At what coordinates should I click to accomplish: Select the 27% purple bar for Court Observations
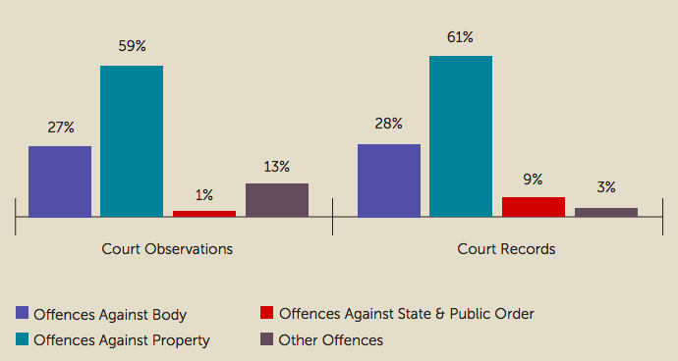[60, 180]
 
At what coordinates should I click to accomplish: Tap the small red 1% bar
[204, 213]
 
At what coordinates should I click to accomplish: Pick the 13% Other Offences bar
[277, 199]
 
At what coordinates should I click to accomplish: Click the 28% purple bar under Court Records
[389, 180]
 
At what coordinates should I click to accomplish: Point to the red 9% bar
[534, 206]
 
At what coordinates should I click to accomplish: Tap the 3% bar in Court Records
[606, 212]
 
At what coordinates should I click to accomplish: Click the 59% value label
[132, 46]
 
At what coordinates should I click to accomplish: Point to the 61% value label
[461, 37]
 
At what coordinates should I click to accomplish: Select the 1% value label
[204, 195]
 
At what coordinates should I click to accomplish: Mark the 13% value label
[277, 166]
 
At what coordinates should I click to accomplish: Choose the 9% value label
[534, 180]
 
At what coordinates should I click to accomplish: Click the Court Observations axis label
[167, 249]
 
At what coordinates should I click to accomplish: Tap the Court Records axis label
[506, 249]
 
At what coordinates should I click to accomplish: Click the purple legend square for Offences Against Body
[22, 314]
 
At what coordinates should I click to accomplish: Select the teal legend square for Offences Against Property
[22, 340]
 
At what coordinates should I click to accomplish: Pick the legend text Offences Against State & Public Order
[406, 314]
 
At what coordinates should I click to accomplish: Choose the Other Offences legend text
[330, 340]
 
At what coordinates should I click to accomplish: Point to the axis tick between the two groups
[333, 218]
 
